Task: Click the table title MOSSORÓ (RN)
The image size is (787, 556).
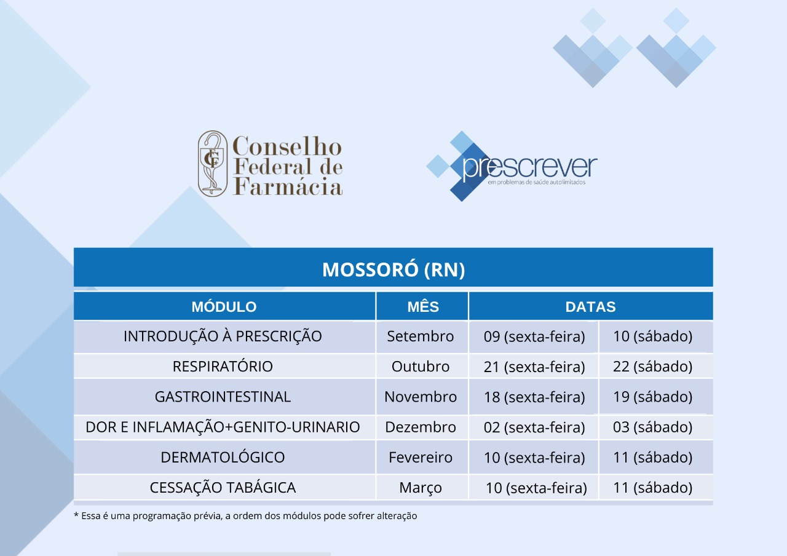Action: pos(393,269)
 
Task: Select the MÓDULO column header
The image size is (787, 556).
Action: pos(224,306)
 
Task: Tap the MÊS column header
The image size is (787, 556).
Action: pos(423,306)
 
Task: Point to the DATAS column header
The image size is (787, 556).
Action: pos(591,307)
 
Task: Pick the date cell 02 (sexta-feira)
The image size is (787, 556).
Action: pos(534,427)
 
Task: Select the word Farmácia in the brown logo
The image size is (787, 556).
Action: pos(288,186)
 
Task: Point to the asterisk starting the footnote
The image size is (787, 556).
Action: pos(76,515)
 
